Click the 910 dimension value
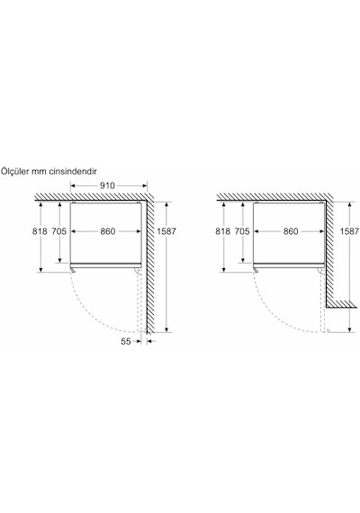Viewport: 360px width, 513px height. [x=107, y=185]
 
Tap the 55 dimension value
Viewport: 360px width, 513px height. [x=126, y=342]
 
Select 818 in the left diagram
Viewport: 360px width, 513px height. [x=40, y=231]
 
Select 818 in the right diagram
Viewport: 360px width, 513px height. [x=222, y=231]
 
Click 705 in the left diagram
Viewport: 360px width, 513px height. [x=59, y=231]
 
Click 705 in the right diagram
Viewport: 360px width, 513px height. [x=242, y=231]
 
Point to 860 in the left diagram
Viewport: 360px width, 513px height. [x=108, y=231]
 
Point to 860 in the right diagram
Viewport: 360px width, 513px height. [x=291, y=231]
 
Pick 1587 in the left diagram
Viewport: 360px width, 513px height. [x=166, y=231]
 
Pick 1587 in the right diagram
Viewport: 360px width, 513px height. [x=349, y=231]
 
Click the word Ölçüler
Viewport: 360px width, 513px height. [x=15, y=171]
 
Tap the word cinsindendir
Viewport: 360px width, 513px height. [x=73, y=171]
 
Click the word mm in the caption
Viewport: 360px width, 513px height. [x=40, y=172]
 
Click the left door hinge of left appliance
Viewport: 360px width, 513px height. [x=74, y=270]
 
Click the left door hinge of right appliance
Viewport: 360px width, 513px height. [x=256, y=270]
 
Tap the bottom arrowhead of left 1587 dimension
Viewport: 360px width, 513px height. [x=166, y=329]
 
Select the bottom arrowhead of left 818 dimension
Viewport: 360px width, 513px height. [x=40, y=269]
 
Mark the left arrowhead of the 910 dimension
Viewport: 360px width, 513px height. [x=73, y=185]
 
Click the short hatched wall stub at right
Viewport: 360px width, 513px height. [x=342, y=304]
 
